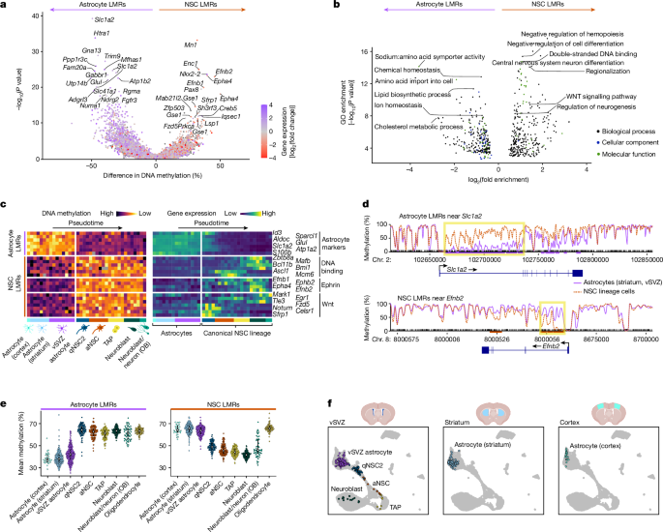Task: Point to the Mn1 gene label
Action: pos(191,44)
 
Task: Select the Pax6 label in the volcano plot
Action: pos(190,89)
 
